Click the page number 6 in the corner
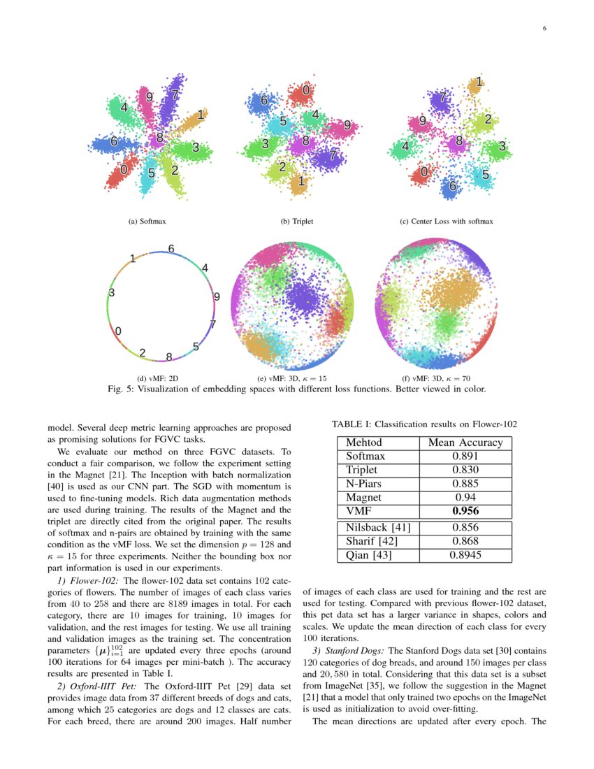pos(544,29)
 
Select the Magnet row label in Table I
pos(364,497)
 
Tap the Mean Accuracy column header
pos(465,443)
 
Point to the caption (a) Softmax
pos(147,222)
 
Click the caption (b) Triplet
pos(297,222)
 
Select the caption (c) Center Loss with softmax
pos(447,222)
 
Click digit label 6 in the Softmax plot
pos(113,142)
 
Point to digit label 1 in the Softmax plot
pos(201,115)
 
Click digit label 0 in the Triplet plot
pos(306,90)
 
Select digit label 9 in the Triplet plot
pos(347,126)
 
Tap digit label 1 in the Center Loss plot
pos(479,83)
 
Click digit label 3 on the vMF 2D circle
pos(112,293)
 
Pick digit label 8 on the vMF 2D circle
pos(169,357)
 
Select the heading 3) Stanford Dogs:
pos(347,651)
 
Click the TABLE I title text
pos(424,424)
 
